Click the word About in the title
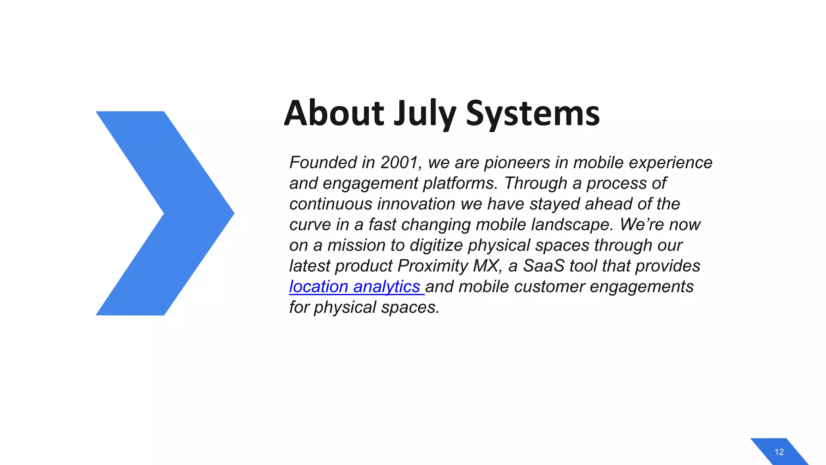coord(334,113)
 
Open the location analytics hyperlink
coord(355,287)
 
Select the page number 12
coord(779,452)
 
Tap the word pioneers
coord(517,163)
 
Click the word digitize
coord(436,245)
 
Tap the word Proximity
coord(433,266)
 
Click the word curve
coord(310,224)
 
